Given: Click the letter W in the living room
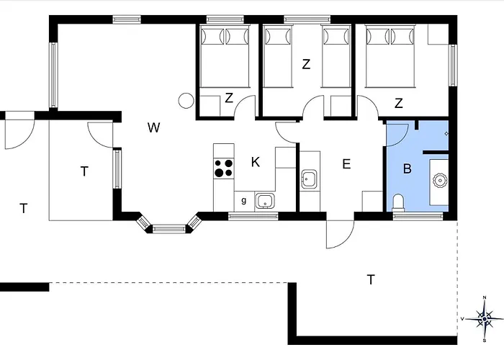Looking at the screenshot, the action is click(x=153, y=127).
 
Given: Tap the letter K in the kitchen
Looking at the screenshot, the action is click(x=255, y=162).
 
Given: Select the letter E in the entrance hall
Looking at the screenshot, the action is click(x=346, y=164).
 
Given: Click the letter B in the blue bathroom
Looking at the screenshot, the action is click(x=407, y=168).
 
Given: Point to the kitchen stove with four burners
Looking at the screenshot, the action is click(x=224, y=168).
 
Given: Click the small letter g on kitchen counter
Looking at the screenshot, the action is click(x=244, y=201).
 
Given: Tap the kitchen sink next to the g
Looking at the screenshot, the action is click(x=265, y=201).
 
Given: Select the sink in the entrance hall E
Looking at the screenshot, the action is click(x=310, y=179).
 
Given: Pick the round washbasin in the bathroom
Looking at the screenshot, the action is click(x=439, y=180).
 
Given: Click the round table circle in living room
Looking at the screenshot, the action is click(x=186, y=101).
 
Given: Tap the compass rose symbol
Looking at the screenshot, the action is click(x=485, y=319).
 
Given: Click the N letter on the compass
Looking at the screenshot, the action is click(x=485, y=297).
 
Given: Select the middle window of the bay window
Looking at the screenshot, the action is click(x=169, y=229).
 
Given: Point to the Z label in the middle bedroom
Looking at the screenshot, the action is click(x=306, y=64).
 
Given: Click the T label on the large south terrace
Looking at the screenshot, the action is click(x=371, y=279).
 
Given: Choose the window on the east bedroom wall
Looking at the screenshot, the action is click(x=453, y=66).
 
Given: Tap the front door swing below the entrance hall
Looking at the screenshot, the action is click(x=340, y=235).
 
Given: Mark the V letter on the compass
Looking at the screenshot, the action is click(x=462, y=319).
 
